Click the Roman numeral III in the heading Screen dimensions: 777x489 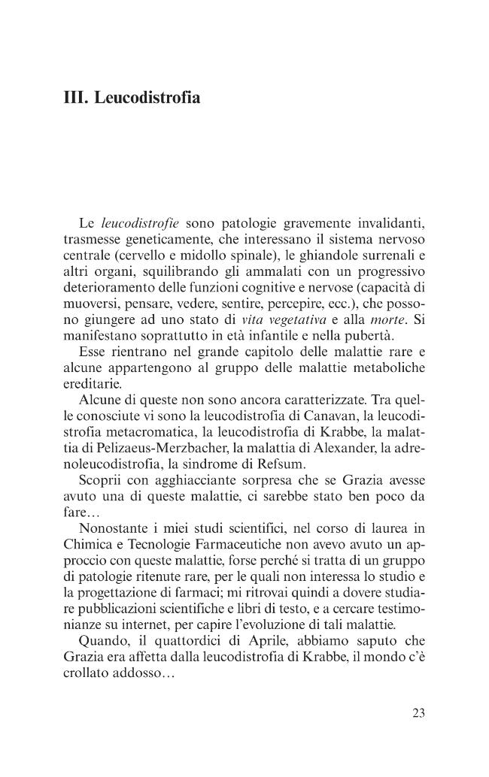(x=74, y=98)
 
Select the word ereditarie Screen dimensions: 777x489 (x=90, y=382)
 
